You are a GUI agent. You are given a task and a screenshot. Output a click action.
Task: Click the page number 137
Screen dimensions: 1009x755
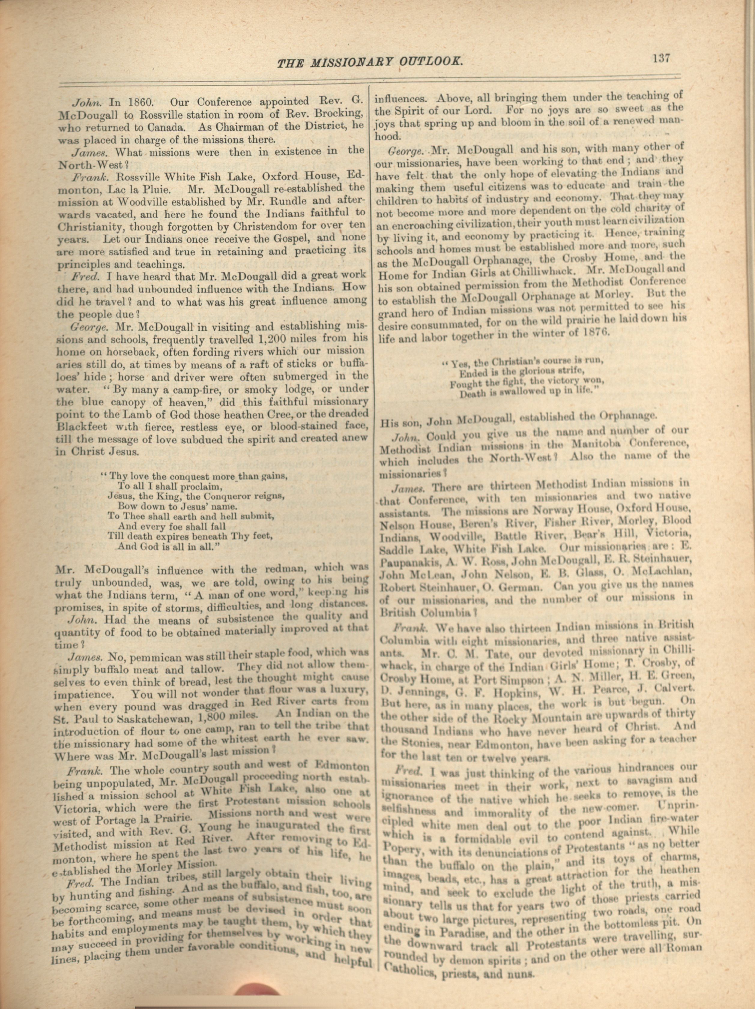(x=661, y=59)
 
